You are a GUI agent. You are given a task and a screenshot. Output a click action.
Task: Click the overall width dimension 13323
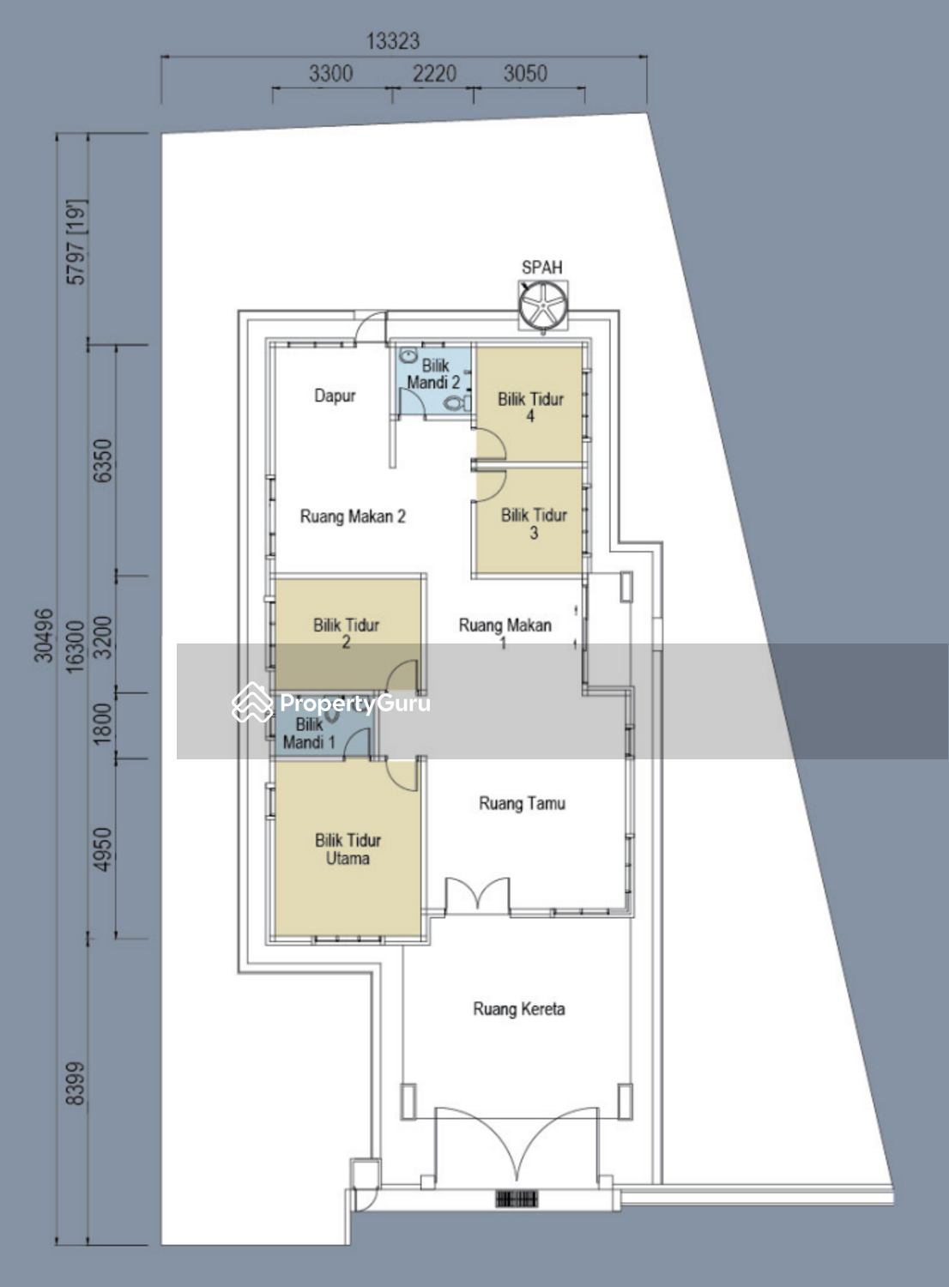coord(393,41)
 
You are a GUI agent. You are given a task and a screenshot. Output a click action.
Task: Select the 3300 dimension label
coord(331,74)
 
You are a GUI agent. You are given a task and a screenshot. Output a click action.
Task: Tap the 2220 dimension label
coord(434,74)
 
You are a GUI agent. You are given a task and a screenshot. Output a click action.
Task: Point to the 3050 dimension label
coord(525,74)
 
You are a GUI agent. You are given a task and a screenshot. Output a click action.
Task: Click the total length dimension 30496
coord(44,635)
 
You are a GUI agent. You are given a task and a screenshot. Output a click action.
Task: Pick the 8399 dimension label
coord(76,1083)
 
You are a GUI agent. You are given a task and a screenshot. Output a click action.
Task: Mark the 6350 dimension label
coord(104,460)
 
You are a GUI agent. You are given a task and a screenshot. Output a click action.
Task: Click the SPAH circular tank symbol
coord(543,305)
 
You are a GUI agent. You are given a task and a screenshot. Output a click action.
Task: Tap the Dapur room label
coord(335,396)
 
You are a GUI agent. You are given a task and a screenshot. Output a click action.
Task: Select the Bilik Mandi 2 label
coord(433,373)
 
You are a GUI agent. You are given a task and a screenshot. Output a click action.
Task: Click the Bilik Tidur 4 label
coord(530,407)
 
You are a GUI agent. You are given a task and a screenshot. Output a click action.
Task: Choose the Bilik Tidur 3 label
coord(534,523)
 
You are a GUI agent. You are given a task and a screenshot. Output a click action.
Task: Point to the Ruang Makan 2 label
coord(353,517)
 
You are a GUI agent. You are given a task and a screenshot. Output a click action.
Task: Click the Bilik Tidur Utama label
coord(348,849)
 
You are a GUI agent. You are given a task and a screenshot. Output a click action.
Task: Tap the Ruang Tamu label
coord(523,802)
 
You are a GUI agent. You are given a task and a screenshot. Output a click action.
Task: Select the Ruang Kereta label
coord(519,1008)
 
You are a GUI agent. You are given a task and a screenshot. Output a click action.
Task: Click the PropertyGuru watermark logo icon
coord(252,703)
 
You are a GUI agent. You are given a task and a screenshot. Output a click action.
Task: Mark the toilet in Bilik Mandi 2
coord(456,403)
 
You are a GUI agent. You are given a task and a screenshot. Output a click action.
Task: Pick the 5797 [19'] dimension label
coord(76,242)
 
